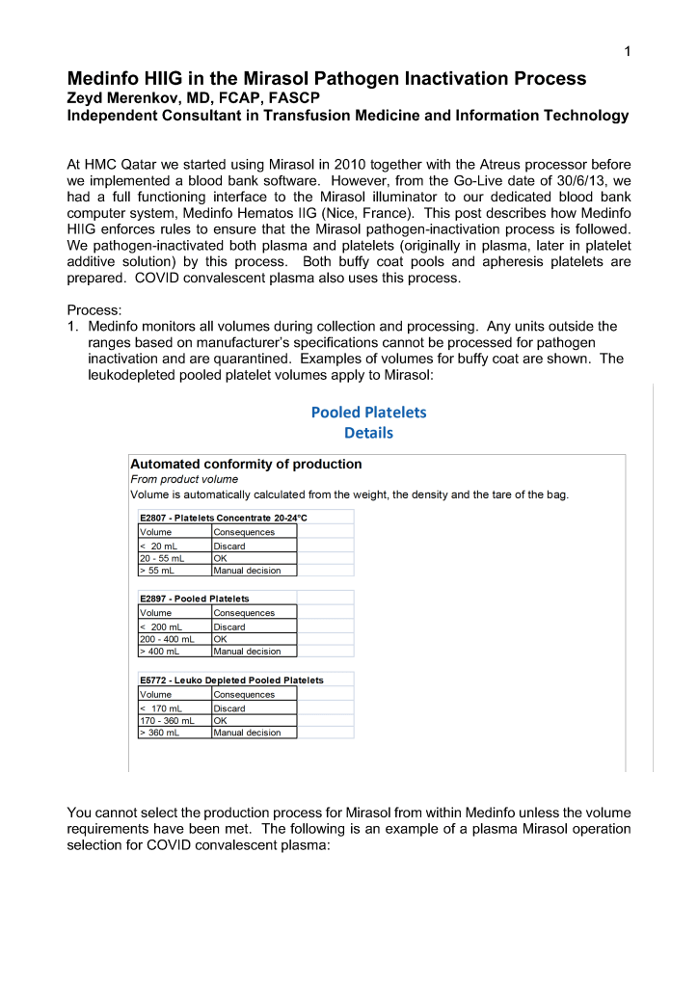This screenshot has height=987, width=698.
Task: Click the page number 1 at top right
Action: click(627, 52)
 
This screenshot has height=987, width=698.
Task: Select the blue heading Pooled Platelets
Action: click(368, 413)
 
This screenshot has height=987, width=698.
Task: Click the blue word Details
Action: click(368, 433)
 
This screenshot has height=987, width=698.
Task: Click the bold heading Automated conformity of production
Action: click(246, 464)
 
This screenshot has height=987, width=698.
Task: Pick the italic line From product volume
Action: click(184, 479)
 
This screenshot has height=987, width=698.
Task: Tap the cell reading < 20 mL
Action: click(156, 546)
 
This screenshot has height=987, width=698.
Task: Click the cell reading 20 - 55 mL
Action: click(161, 558)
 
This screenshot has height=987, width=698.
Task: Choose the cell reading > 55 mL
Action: click(156, 571)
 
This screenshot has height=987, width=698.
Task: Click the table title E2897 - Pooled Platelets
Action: click(194, 599)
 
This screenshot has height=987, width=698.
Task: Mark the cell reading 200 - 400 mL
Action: click(167, 639)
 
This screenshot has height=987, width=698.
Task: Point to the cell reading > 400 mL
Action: click(159, 652)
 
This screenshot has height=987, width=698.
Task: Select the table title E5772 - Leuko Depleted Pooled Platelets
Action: click(231, 680)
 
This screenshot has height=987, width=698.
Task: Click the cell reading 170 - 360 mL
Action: click(167, 720)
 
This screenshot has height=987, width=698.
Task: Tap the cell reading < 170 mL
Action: click(159, 708)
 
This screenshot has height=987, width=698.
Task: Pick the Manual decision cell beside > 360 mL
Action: click(247, 733)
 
